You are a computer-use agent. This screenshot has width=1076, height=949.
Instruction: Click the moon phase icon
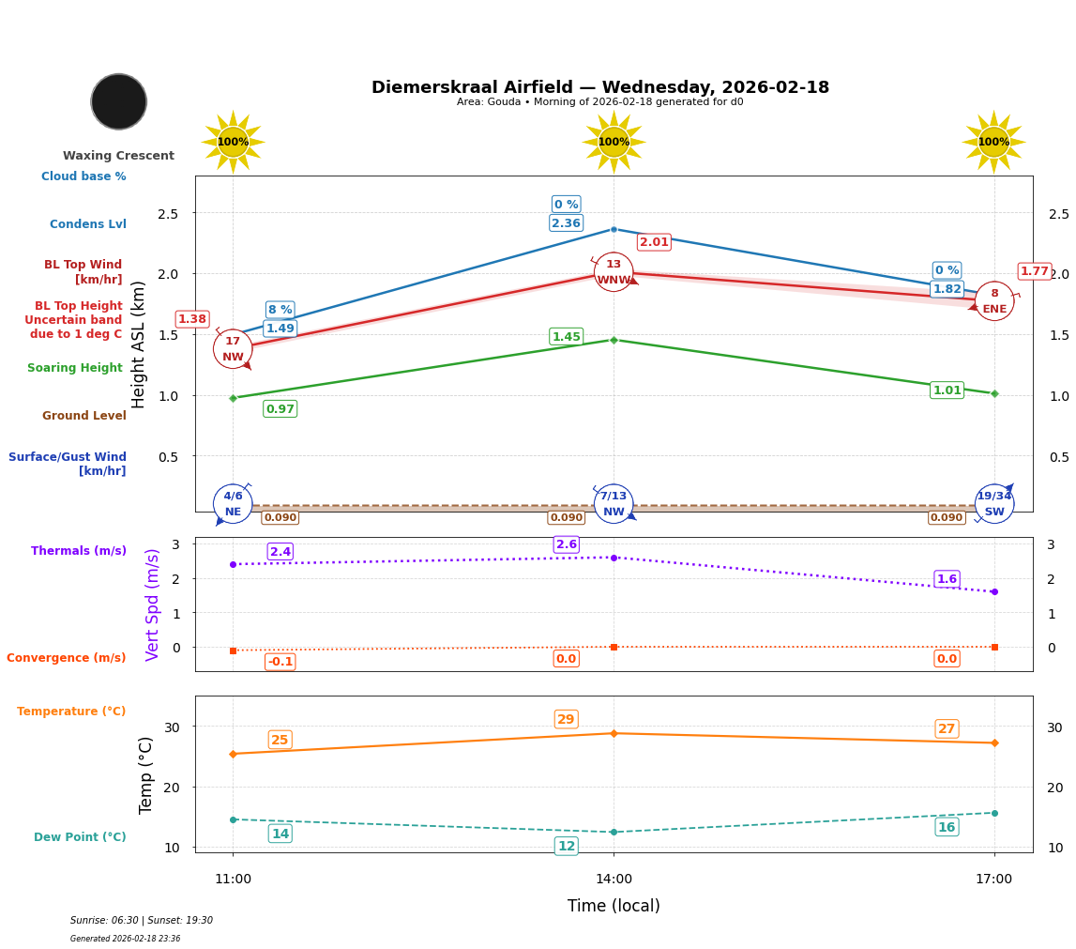click(119, 101)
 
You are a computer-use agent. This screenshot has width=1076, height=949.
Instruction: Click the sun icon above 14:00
click(614, 142)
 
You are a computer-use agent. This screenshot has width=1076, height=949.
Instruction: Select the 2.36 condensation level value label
click(566, 223)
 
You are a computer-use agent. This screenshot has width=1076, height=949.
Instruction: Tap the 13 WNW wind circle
click(614, 272)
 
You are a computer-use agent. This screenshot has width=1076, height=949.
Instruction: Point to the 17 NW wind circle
click(233, 349)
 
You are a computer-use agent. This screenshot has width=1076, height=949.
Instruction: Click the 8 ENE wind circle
click(994, 301)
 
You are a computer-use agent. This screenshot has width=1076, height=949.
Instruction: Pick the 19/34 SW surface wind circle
click(994, 504)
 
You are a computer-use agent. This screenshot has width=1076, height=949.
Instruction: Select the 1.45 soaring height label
click(566, 337)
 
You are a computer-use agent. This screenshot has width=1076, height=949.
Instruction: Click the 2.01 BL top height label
click(654, 242)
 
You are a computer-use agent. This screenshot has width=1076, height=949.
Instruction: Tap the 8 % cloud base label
click(280, 310)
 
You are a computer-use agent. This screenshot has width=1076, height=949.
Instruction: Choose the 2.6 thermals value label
click(567, 544)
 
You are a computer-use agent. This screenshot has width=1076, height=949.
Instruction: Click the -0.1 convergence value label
click(280, 662)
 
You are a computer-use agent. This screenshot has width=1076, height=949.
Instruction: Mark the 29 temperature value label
click(566, 720)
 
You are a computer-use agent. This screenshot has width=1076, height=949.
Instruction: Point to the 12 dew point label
click(567, 846)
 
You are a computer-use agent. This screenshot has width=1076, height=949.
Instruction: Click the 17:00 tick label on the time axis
click(994, 880)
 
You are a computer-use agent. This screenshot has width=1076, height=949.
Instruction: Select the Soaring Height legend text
click(75, 368)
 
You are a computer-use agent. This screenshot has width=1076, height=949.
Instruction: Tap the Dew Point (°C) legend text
click(80, 837)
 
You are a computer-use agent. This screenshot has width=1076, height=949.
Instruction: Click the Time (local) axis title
click(614, 906)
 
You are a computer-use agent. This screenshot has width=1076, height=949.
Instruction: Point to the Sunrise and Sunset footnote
click(142, 921)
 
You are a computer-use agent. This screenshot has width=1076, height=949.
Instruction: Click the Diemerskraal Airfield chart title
click(600, 87)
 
